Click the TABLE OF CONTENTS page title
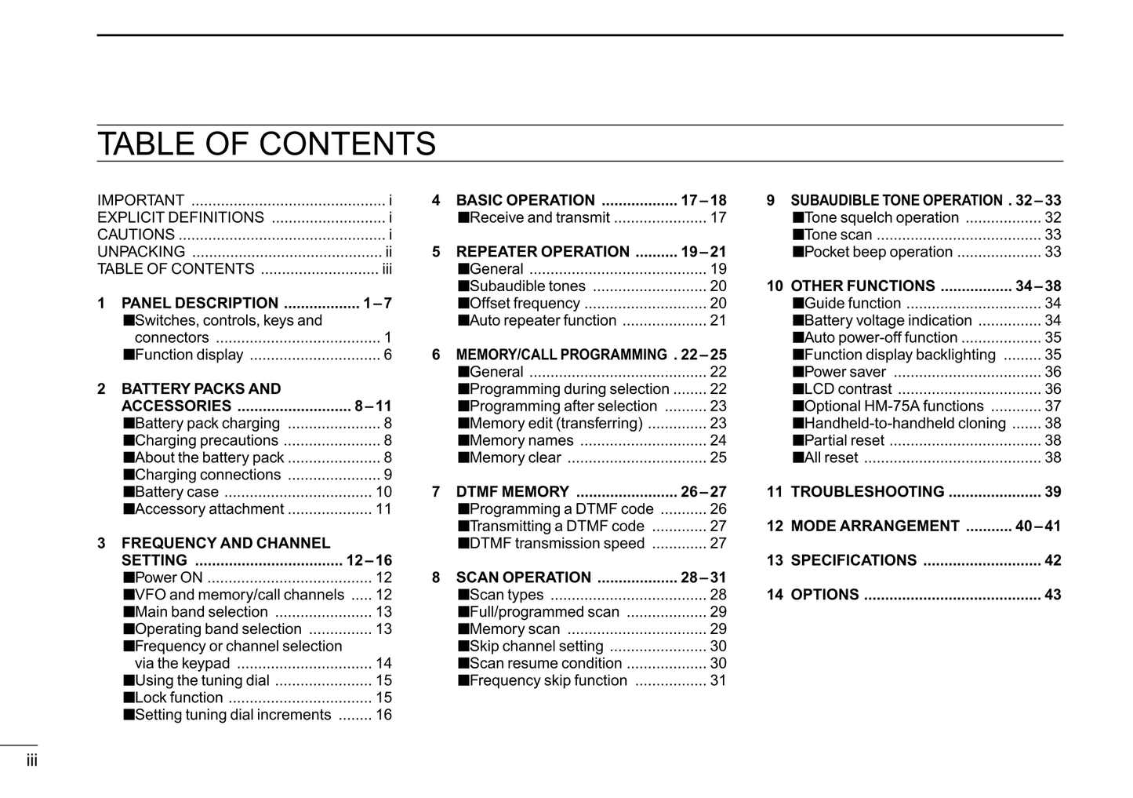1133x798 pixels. click(x=266, y=144)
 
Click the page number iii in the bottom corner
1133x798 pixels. click(x=31, y=760)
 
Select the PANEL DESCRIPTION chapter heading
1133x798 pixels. click(x=200, y=304)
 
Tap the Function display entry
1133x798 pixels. click(x=189, y=355)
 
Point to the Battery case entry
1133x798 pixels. click(x=176, y=493)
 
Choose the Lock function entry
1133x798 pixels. click(x=179, y=698)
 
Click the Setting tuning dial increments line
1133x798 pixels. click(x=233, y=716)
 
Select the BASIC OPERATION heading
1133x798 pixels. click(x=525, y=201)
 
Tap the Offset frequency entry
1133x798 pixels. click(x=525, y=304)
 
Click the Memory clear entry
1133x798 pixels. click(x=515, y=458)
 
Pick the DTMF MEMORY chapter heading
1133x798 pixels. click(x=513, y=493)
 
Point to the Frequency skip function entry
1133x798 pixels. click(x=548, y=681)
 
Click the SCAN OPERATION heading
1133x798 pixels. click(x=524, y=578)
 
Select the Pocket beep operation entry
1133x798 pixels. click(x=878, y=253)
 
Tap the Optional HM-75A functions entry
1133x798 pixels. click(x=893, y=406)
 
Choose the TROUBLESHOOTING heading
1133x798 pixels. click(x=867, y=493)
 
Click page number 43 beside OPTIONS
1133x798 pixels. click(x=1052, y=596)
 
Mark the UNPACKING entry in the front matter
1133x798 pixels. click(x=141, y=253)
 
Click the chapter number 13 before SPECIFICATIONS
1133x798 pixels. click(x=775, y=561)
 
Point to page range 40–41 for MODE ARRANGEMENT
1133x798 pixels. click(x=1037, y=527)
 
